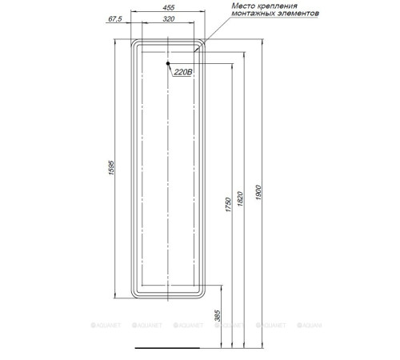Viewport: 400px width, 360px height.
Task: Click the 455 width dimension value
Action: click(168, 9)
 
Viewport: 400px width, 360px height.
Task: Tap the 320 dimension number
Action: click(168, 18)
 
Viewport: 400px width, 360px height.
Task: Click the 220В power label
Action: click(182, 71)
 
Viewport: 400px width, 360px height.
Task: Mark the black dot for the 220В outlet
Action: click(169, 63)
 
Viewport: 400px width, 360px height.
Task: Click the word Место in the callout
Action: click(246, 6)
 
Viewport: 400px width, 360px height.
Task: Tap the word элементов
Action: click(302, 15)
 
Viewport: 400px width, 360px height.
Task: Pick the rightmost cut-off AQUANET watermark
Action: click(311, 327)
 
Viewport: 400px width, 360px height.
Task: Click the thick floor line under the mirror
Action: click(168, 350)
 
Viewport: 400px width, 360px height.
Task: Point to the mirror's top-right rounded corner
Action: click(202, 42)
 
